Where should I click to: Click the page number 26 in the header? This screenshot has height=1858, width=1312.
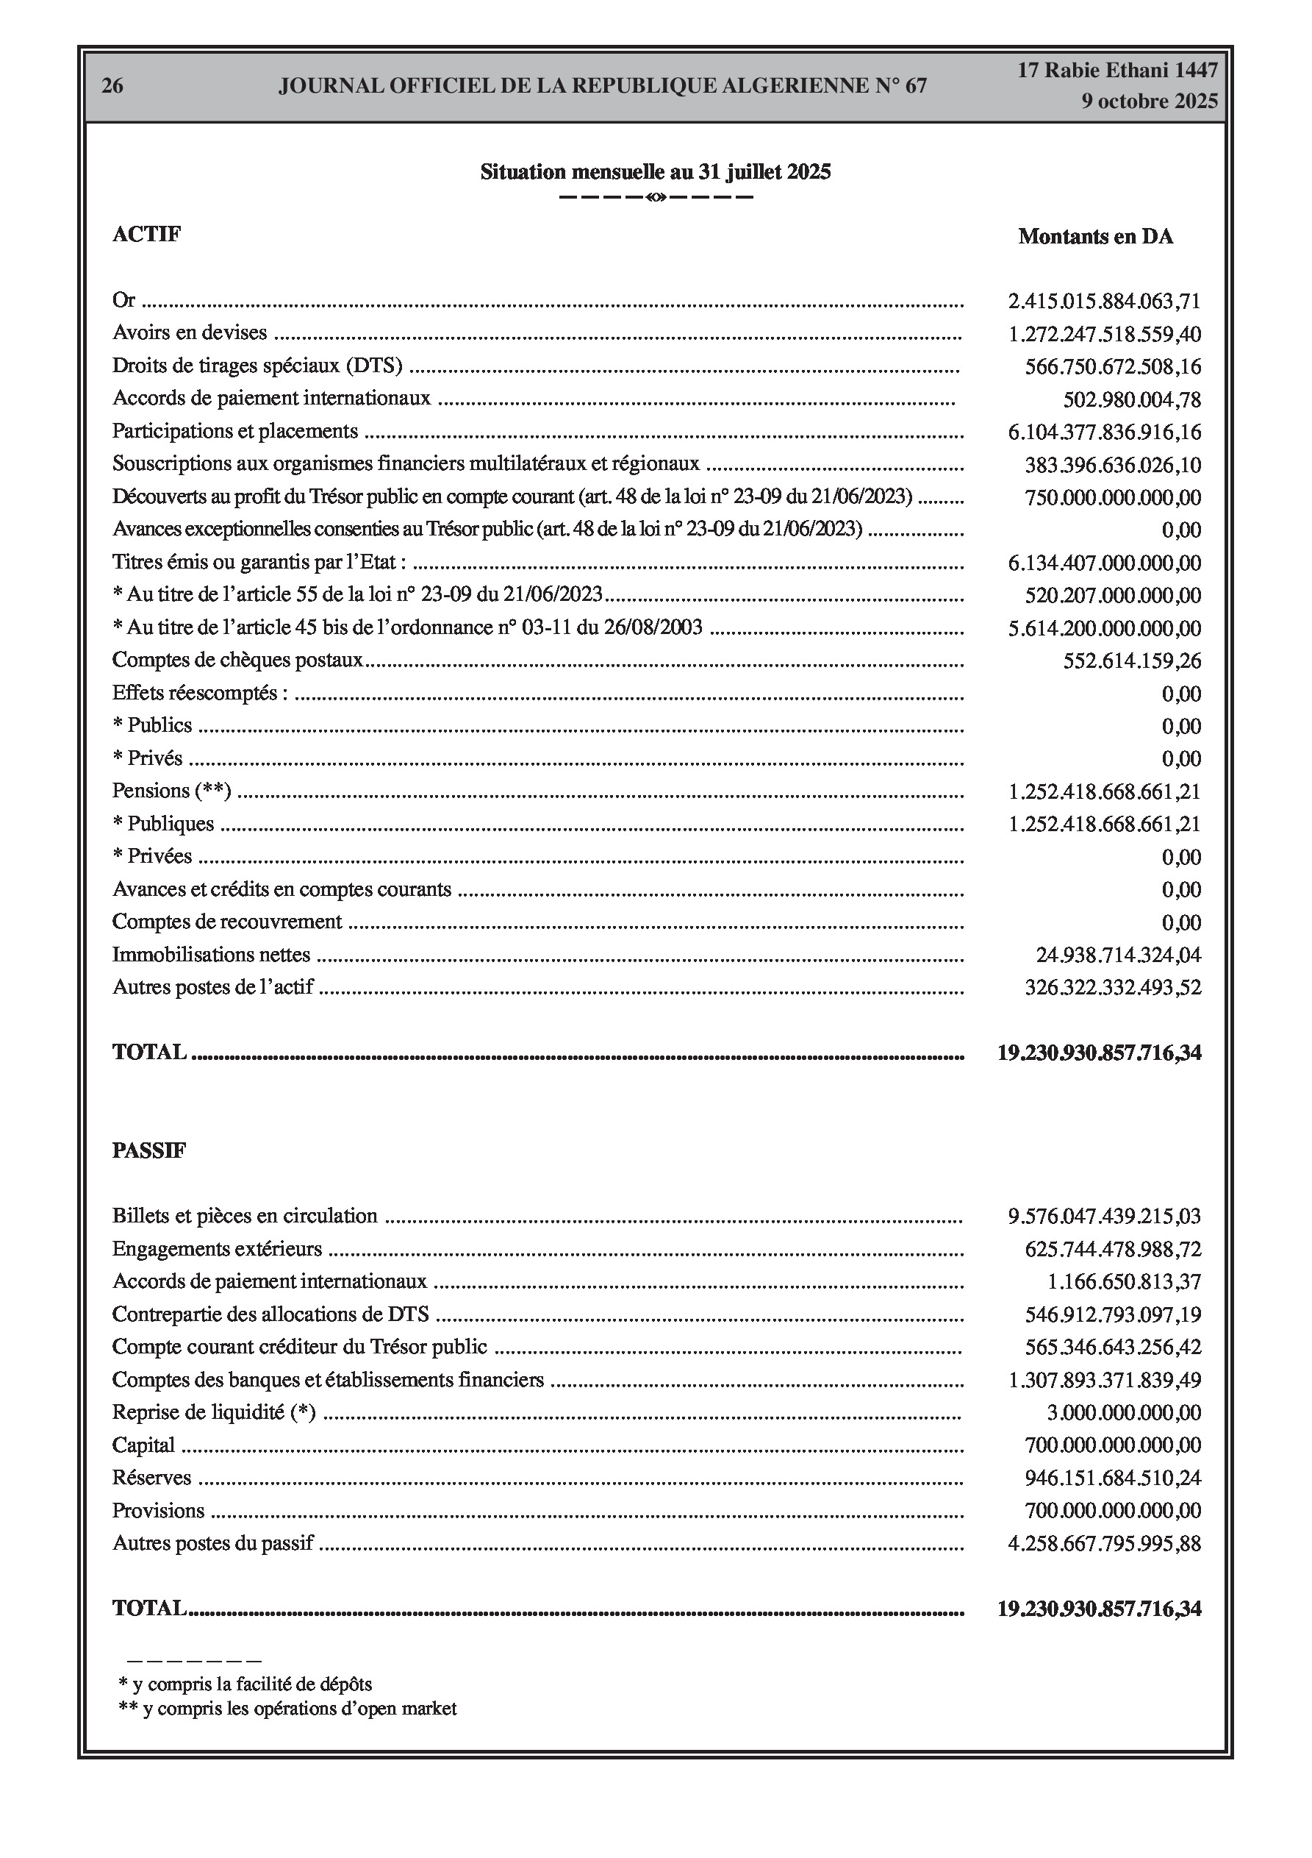point(112,86)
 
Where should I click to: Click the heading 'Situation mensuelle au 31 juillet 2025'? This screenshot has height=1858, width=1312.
point(655,171)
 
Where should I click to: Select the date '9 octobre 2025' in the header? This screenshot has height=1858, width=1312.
point(1149,102)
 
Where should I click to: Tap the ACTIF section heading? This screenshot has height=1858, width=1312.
point(146,234)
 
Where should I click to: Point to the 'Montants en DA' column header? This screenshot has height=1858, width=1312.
point(1095,236)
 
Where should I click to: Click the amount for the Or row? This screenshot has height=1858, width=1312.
point(1104,302)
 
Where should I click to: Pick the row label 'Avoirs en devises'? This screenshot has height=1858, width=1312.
point(190,332)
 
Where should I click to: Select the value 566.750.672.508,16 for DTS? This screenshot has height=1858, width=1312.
point(1113,367)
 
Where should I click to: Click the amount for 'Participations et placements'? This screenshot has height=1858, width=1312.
point(1104,432)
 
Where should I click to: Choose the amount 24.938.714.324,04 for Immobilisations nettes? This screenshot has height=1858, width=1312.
point(1119,955)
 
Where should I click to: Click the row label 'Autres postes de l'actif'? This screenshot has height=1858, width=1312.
point(212,987)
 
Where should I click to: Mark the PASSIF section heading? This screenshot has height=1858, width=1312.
point(148,1150)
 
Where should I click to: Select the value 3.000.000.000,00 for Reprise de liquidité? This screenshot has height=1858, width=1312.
point(1124,1413)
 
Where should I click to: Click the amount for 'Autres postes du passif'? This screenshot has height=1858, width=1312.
point(1104,1544)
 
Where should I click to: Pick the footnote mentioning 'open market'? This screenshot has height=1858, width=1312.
point(288,1708)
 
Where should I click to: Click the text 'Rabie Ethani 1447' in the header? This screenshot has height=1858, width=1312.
point(1117,71)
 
